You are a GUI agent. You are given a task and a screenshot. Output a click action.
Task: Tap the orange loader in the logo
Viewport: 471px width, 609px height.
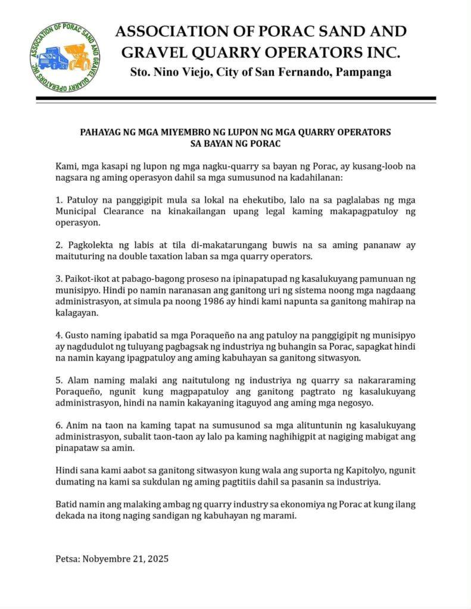(77, 55)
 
